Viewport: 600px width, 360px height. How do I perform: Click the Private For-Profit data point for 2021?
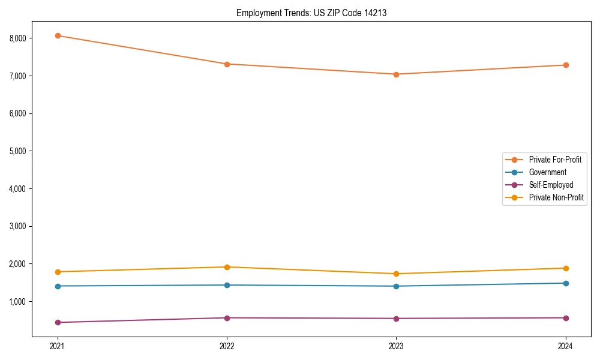tap(58, 35)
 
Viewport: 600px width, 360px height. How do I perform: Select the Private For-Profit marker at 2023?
tap(396, 74)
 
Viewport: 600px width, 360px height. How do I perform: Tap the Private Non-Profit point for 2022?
tap(227, 267)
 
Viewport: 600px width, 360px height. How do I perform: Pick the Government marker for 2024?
tap(566, 283)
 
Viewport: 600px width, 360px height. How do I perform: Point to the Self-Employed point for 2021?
tap(58, 322)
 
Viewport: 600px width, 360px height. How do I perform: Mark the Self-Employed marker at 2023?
tap(396, 319)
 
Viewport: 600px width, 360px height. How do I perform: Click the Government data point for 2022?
tap(227, 285)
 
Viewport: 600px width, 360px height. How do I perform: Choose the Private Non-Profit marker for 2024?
tap(566, 268)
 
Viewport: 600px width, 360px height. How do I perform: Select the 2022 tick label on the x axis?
tap(227, 346)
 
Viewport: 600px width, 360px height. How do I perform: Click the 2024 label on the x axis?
tap(566, 346)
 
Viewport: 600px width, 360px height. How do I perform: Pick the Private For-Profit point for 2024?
tap(566, 65)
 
